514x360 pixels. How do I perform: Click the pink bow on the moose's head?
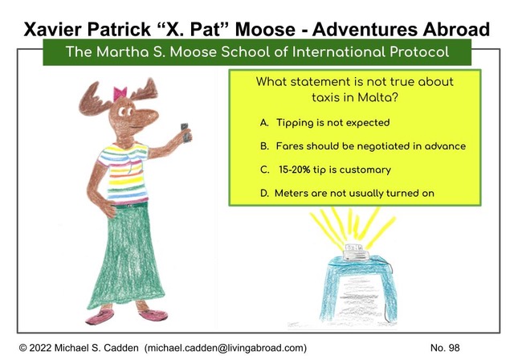(x=120, y=94)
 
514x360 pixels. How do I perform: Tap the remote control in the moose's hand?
(x=186, y=133)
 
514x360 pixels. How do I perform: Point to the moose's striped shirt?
(x=124, y=173)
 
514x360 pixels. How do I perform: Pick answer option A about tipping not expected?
(x=324, y=123)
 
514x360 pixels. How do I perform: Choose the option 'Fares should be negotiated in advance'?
(x=371, y=146)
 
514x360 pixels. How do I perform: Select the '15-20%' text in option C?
(x=294, y=170)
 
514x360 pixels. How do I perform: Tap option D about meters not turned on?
(x=347, y=193)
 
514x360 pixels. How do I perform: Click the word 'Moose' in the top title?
(x=265, y=29)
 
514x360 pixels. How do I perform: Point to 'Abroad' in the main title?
(x=456, y=29)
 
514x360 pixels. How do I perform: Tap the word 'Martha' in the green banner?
(x=123, y=51)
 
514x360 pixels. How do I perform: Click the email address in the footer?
(x=226, y=348)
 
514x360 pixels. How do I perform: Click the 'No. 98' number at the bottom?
(x=445, y=348)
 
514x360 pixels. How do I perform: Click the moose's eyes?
(x=125, y=112)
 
